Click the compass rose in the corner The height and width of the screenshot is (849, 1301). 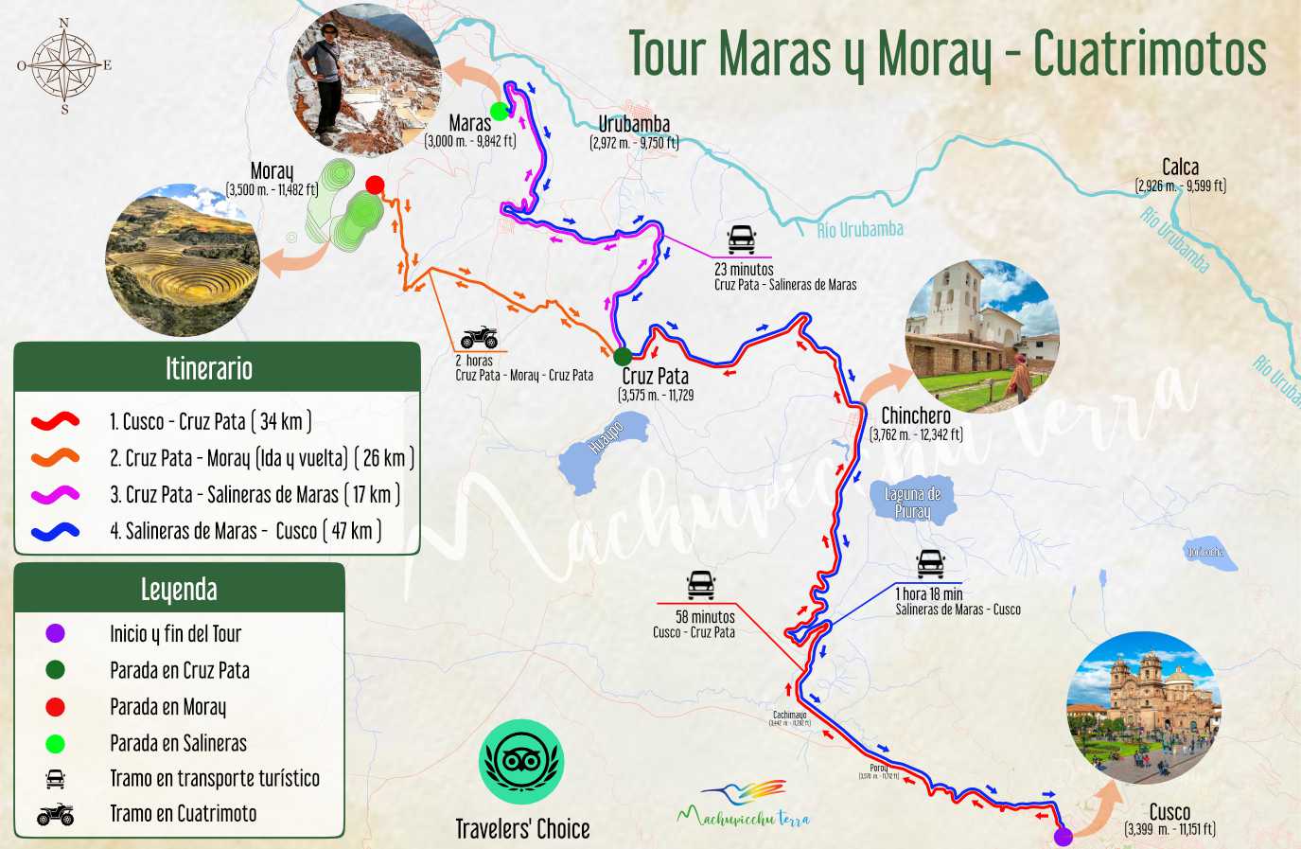64,65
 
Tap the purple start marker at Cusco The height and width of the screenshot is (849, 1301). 1064,836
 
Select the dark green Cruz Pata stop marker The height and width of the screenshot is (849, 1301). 623,357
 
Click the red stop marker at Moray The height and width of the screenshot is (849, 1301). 375,185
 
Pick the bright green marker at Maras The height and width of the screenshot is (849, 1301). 500,111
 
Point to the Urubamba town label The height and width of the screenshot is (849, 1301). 634,124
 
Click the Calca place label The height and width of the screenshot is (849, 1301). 1180,168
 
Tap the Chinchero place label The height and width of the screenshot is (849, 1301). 915,416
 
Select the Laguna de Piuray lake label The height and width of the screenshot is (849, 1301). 913,503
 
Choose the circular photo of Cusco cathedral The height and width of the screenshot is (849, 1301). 1143,708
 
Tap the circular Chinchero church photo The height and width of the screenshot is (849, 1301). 982,336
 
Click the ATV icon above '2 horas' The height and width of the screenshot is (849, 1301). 479,337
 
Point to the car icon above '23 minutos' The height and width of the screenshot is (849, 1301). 741,239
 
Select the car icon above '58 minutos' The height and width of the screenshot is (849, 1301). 700,585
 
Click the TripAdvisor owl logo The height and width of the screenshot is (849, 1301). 522,762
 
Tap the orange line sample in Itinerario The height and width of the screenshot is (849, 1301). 55,458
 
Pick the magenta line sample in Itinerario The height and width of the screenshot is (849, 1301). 55,494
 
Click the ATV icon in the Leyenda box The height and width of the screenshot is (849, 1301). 55,814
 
